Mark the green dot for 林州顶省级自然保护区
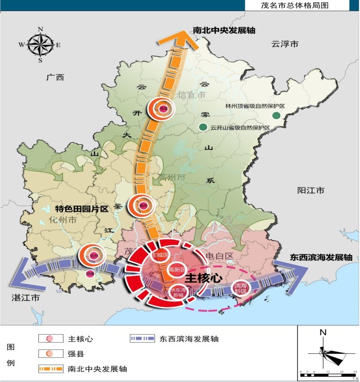point(276,116)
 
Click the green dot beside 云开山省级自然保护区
point(202,128)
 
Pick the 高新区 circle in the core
point(177,270)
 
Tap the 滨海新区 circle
point(241,288)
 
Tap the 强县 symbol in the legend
point(50,354)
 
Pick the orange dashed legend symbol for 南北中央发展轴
point(50,369)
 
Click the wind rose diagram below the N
point(325,353)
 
